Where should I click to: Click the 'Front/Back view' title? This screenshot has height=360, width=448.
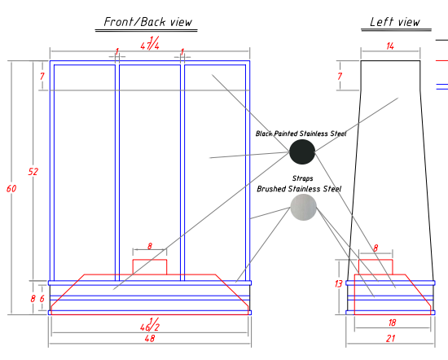pos(147,22)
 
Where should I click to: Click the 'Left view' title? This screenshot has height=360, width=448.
pos(395,22)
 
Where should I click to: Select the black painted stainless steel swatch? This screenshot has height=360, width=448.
pos(302,151)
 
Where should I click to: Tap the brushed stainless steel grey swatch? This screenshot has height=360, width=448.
pos(304,207)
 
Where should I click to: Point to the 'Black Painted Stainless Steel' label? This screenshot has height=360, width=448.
pos(301,134)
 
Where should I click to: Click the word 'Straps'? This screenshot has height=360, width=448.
pos(302,178)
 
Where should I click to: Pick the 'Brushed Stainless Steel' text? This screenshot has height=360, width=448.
pos(299,189)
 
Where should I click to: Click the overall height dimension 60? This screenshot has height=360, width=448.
pos(11,189)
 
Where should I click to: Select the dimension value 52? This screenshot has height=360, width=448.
pos(33,171)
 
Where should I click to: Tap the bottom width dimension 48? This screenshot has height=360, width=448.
pos(150,339)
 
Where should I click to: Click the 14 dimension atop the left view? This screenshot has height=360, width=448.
pos(390,46)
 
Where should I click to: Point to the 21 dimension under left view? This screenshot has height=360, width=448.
pos(390,339)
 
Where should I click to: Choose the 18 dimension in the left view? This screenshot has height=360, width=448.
pos(392,323)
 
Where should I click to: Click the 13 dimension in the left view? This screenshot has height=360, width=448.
pos(338,283)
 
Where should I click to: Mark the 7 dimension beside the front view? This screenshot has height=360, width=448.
pos(42,77)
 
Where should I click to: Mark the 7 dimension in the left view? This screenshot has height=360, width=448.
pos(340,77)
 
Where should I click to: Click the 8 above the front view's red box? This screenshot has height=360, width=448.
pos(150,246)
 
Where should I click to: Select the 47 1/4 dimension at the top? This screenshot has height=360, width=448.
pos(150,43)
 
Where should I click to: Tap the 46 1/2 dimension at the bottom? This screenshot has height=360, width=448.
pos(150,325)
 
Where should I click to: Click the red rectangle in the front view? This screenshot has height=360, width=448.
pos(150,260)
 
